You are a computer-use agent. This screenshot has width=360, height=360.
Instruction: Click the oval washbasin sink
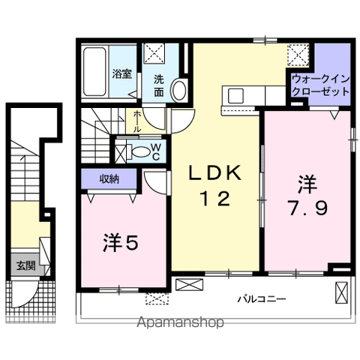(x=180, y=90)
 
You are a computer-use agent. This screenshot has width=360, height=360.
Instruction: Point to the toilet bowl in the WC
(x=139, y=150)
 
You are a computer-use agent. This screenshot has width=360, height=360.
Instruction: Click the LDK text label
(x=214, y=175)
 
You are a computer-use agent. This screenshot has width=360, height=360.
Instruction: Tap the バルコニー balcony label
(x=262, y=298)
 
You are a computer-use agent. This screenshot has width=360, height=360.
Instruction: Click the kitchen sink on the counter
(x=235, y=95)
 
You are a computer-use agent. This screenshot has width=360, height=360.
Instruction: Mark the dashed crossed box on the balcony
(x=155, y=298)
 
